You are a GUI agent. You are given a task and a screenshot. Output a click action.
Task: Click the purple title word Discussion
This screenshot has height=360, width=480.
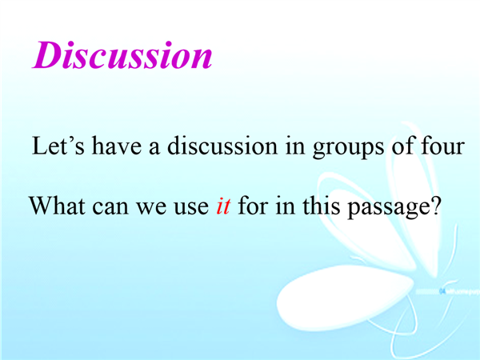[122, 55]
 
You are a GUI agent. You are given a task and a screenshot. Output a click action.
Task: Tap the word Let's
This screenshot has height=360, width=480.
[58, 146]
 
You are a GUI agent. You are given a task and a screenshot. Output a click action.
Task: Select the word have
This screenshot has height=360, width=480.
[117, 146]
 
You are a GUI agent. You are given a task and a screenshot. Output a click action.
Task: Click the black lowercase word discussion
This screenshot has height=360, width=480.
[222, 146]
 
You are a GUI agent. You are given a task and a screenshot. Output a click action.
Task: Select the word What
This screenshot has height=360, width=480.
[57, 206]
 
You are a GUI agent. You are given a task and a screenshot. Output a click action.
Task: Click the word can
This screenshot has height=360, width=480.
[110, 208]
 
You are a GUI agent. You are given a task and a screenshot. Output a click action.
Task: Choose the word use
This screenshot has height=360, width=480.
[191, 208]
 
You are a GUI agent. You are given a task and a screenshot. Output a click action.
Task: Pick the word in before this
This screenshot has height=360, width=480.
[286, 206]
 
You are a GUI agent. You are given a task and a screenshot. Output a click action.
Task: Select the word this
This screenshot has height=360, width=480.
[321, 206]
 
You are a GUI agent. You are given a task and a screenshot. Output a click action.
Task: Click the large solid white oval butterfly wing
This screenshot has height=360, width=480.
[344, 296]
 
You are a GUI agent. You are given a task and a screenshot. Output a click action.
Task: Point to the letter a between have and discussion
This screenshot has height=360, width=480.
[154, 147]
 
